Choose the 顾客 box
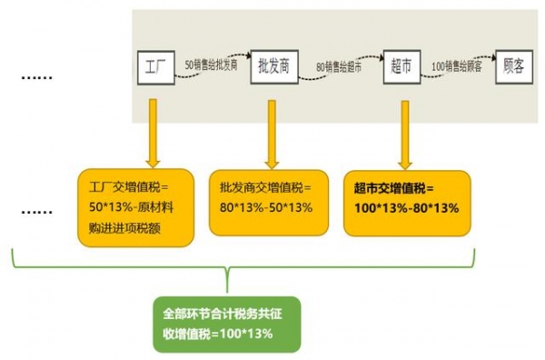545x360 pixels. pyautogui.click(x=515, y=68)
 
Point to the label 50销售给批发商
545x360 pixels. pyautogui.click(x=212, y=65)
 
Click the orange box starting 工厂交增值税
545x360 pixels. pyautogui.click(x=135, y=208)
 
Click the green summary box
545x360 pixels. pyautogui.click(x=225, y=324)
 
